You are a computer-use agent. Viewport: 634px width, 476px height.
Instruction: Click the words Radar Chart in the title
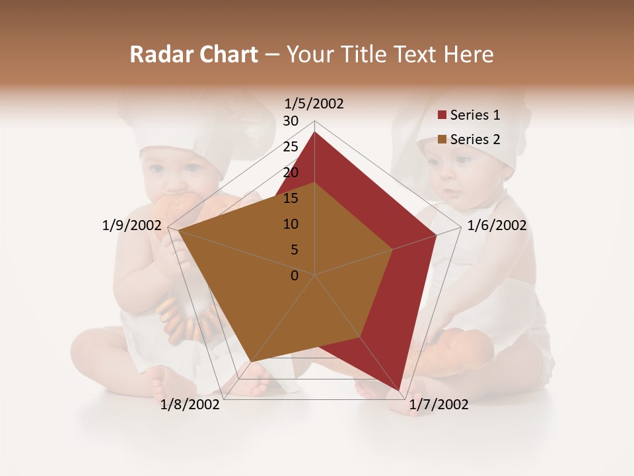194,54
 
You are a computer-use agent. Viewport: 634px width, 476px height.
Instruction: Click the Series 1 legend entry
475,115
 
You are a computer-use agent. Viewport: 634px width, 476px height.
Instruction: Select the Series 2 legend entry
475,139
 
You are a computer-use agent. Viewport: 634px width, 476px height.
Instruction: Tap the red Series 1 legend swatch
442,116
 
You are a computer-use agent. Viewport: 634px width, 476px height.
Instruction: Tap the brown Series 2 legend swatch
442,139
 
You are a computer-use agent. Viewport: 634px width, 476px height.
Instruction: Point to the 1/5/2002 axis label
314,104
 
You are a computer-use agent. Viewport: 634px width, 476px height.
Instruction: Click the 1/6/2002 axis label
497,225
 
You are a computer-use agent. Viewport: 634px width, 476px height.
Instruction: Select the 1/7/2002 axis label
439,405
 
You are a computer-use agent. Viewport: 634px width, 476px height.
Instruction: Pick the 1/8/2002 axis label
190,405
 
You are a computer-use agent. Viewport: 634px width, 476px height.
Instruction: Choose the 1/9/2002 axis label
132,225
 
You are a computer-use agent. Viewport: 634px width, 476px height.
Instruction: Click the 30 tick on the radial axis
291,121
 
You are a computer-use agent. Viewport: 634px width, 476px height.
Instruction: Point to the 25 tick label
291,147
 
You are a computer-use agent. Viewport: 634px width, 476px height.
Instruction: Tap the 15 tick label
291,198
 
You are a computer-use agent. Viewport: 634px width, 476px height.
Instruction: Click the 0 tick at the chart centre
295,276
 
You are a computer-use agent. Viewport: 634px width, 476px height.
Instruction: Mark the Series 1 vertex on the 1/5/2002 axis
314,132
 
